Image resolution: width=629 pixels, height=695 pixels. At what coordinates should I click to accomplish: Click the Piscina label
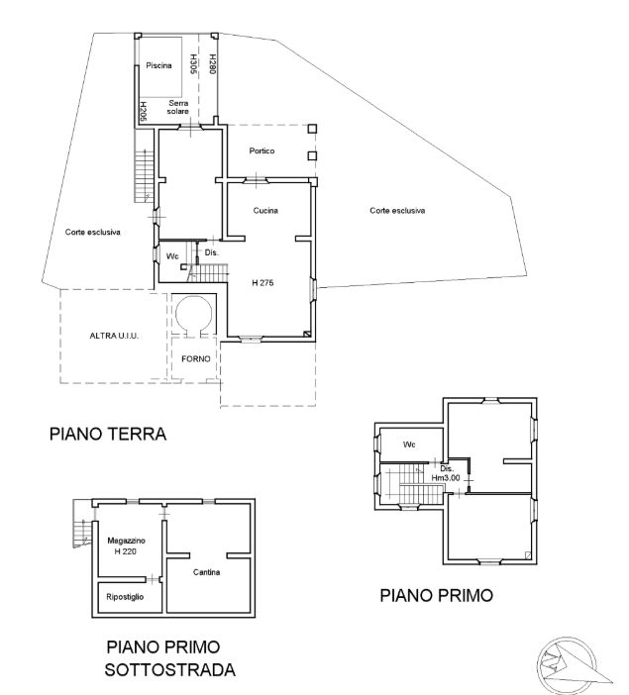tap(158, 65)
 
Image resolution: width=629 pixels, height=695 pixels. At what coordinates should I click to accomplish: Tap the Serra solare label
tap(178, 107)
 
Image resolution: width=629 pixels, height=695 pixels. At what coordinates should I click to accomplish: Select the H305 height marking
tap(193, 63)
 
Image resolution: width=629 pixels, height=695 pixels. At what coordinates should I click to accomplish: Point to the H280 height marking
tap(213, 63)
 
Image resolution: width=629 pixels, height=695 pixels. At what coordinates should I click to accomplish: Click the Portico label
tap(262, 151)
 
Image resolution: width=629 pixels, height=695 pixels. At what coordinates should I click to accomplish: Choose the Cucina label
tap(265, 211)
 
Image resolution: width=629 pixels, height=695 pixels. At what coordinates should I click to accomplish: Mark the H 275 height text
tap(262, 283)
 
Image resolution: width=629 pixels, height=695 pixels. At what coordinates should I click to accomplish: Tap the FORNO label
tap(195, 359)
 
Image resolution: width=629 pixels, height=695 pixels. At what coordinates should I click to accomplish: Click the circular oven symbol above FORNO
tap(194, 314)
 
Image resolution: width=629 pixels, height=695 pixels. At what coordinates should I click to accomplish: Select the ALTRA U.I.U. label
tap(114, 336)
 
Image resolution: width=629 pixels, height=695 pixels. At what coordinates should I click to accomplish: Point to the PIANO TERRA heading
tap(108, 434)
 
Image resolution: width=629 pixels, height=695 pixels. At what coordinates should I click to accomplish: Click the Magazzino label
tap(127, 541)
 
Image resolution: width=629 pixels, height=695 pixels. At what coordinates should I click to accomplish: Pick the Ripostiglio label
tap(125, 597)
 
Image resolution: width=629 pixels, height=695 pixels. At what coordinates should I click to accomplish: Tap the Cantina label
tap(207, 572)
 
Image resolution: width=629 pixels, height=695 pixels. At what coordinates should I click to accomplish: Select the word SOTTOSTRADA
tap(170, 669)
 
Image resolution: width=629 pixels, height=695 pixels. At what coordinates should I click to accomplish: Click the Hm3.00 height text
tap(446, 478)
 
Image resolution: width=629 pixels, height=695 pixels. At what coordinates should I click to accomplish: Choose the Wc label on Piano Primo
tap(409, 445)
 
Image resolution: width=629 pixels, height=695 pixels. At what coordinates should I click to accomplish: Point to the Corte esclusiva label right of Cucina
tap(397, 211)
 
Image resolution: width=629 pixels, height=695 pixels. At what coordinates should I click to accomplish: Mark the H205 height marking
tap(144, 112)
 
